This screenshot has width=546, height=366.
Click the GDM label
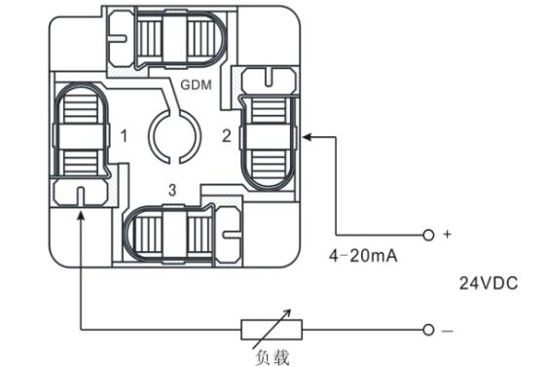(196, 85)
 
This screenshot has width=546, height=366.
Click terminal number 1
(124, 136)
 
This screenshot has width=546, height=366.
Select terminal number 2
(227, 136)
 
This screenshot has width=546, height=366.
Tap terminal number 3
(172, 190)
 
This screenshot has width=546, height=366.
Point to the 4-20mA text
(363, 256)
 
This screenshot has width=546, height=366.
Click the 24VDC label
(489, 283)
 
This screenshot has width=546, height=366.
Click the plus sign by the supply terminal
(447, 234)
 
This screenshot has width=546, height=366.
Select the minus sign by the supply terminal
(448, 331)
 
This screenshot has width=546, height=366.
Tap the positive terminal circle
(428, 235)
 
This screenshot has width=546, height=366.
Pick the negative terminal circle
(428, 330)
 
